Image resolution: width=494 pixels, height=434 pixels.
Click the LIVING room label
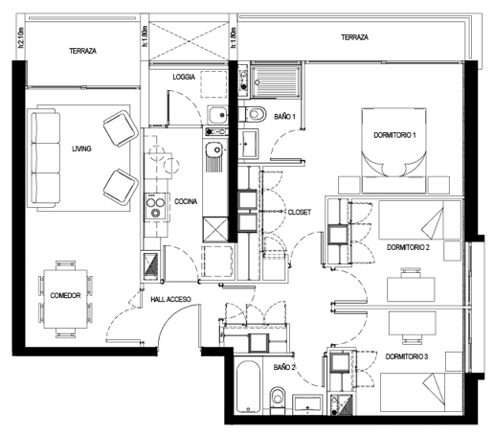pyautogui.click(x=81, y=148)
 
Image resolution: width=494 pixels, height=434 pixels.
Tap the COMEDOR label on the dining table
pyautogui.click(x=65, y=295)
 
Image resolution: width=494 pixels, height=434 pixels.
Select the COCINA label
pyautogui.click(x=186, y=201)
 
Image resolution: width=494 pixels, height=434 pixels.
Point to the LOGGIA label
pyautogui.click(x=184, y=77)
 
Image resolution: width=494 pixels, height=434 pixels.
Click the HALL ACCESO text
pyautogui.click(x=170, y=299)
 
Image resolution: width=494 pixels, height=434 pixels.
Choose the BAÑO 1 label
pyautogui.click(x=284, y=117)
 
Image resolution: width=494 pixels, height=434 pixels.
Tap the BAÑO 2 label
pyautogui.click(x=284, y=367)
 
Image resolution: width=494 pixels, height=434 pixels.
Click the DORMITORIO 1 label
pyautogui.click(x=394, y=135)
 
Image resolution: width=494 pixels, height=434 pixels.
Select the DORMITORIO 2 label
pyautogui.click(x=408, y=247)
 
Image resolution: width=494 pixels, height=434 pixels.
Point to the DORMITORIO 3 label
pyautogui.click(x=407, y=356)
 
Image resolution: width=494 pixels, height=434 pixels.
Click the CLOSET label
pyautogui.click(x=300, y=212)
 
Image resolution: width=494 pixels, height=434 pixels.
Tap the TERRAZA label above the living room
pyautogui.click(x=83, y=51)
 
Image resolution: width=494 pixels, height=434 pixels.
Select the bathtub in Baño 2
pyautogui.click(x=248, y=387)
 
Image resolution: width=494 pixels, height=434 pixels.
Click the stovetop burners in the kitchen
pyautogui.click(x=155, y=206)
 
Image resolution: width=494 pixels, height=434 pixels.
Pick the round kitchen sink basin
pyautogui.click(x=214, y=149)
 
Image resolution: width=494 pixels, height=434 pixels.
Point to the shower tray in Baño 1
pyautogui.click(x=276, y=81)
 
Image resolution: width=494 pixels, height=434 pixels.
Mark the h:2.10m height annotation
pyautogui.click(x=21, y=37)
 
